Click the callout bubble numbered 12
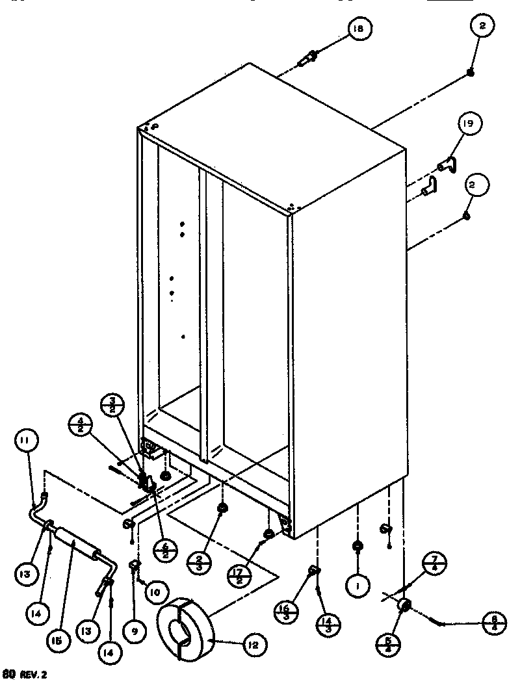[x=252, y=645]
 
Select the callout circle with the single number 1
[x=357, y=586]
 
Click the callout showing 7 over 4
[x=434, y=563]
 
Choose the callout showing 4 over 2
[x=81, y=427]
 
